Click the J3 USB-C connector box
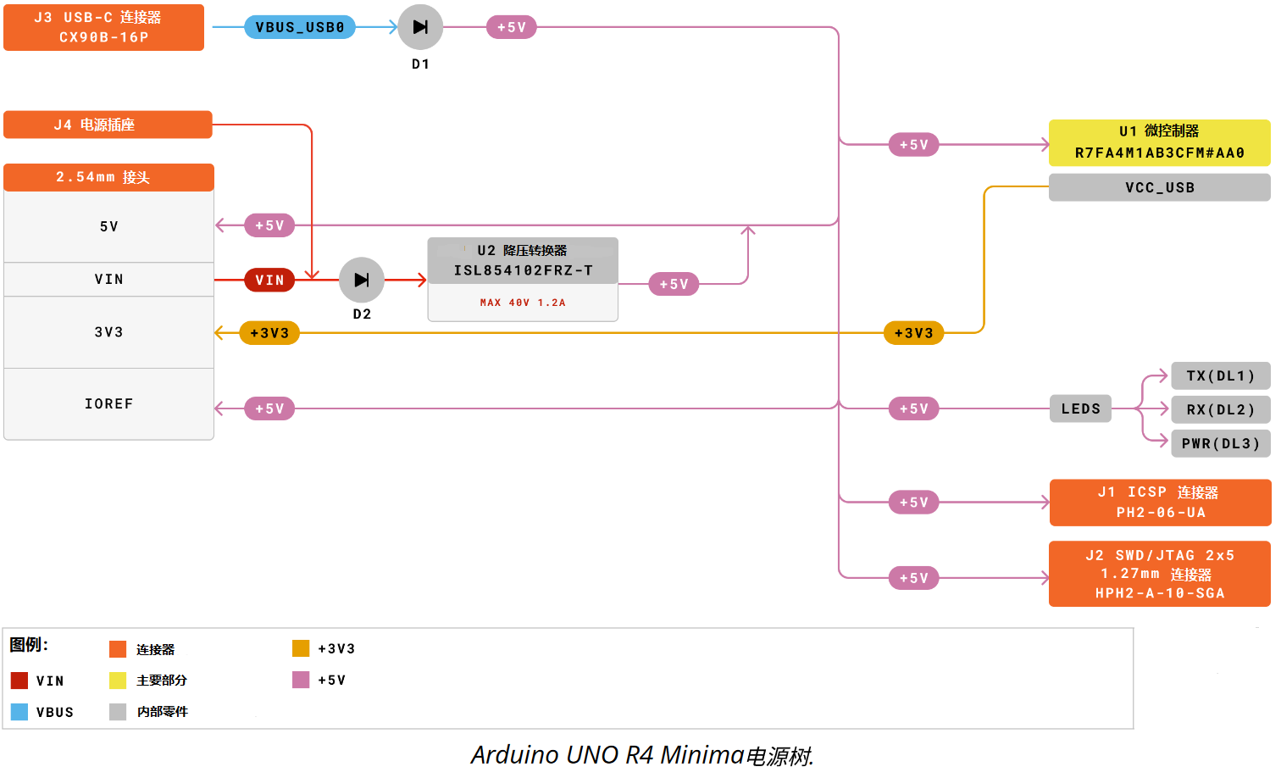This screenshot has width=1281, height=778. pyautogui.click(x=103, y=27)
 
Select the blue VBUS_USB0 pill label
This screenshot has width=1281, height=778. pyautogui.click(x=300, y=27)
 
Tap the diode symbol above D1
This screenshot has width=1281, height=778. pyautogui.click(x=420, y=27)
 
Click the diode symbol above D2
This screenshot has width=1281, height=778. pyautogui.click(x=362, y=280)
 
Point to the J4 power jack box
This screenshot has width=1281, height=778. pyautogui.click(x=108, y=125)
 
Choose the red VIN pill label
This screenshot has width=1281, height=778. pyautogui.click(x=269, y=280)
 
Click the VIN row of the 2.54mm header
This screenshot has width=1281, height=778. pyautogui.click(x=108, y=279)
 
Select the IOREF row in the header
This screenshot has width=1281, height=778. pyautogui.click(x=108, y=404)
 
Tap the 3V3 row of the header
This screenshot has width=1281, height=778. pyautogui.click(x=108, y=332)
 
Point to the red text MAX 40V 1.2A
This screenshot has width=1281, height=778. pyautogui.click(x=523, y=303)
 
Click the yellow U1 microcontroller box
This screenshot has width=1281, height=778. pyautogui.click(x=1160, y=143)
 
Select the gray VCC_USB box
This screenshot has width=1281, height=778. pyautogui.click(x=1160, y=187)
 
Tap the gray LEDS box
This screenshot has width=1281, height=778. pyautogui.click(x=1080, y=408)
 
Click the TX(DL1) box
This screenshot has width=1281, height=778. pyautogui.click(x=1220, y=375)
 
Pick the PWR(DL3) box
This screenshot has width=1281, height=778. pyautogui.click(x=1220, y=443)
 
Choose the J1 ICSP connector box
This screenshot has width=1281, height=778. pyautogui.click(x=1161, y=503)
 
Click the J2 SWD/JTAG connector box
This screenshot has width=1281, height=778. pyautogui.click(x=1160, y=574)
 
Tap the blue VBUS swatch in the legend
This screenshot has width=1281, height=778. pyautogui.click(x=19, y=712)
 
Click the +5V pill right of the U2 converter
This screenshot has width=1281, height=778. pyautogui.click(x=674, y=284)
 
